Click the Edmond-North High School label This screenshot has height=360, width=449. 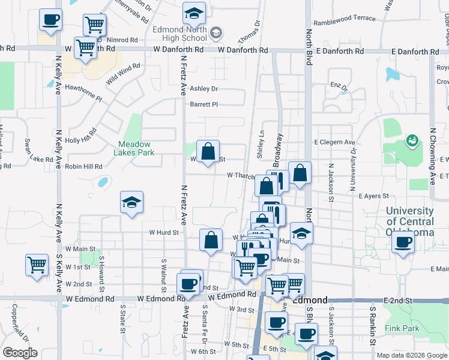(x=180, y=34)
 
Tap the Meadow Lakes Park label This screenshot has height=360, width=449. (x=136, y=148)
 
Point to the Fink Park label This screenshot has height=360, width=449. (x=402, y=328)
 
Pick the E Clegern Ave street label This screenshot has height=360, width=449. (x=335, y=142)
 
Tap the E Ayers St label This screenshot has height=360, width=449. (x=374, y=196)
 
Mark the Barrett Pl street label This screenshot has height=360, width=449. (x=203, y=104)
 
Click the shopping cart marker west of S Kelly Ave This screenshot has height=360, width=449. (x=37, y=264)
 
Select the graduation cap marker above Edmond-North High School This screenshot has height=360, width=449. (x=194, y=13)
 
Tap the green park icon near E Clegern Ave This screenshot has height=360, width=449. (x=412, y=141)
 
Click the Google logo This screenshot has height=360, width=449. (x=20, y=353)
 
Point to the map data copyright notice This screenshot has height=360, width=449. (x=412, y=355)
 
